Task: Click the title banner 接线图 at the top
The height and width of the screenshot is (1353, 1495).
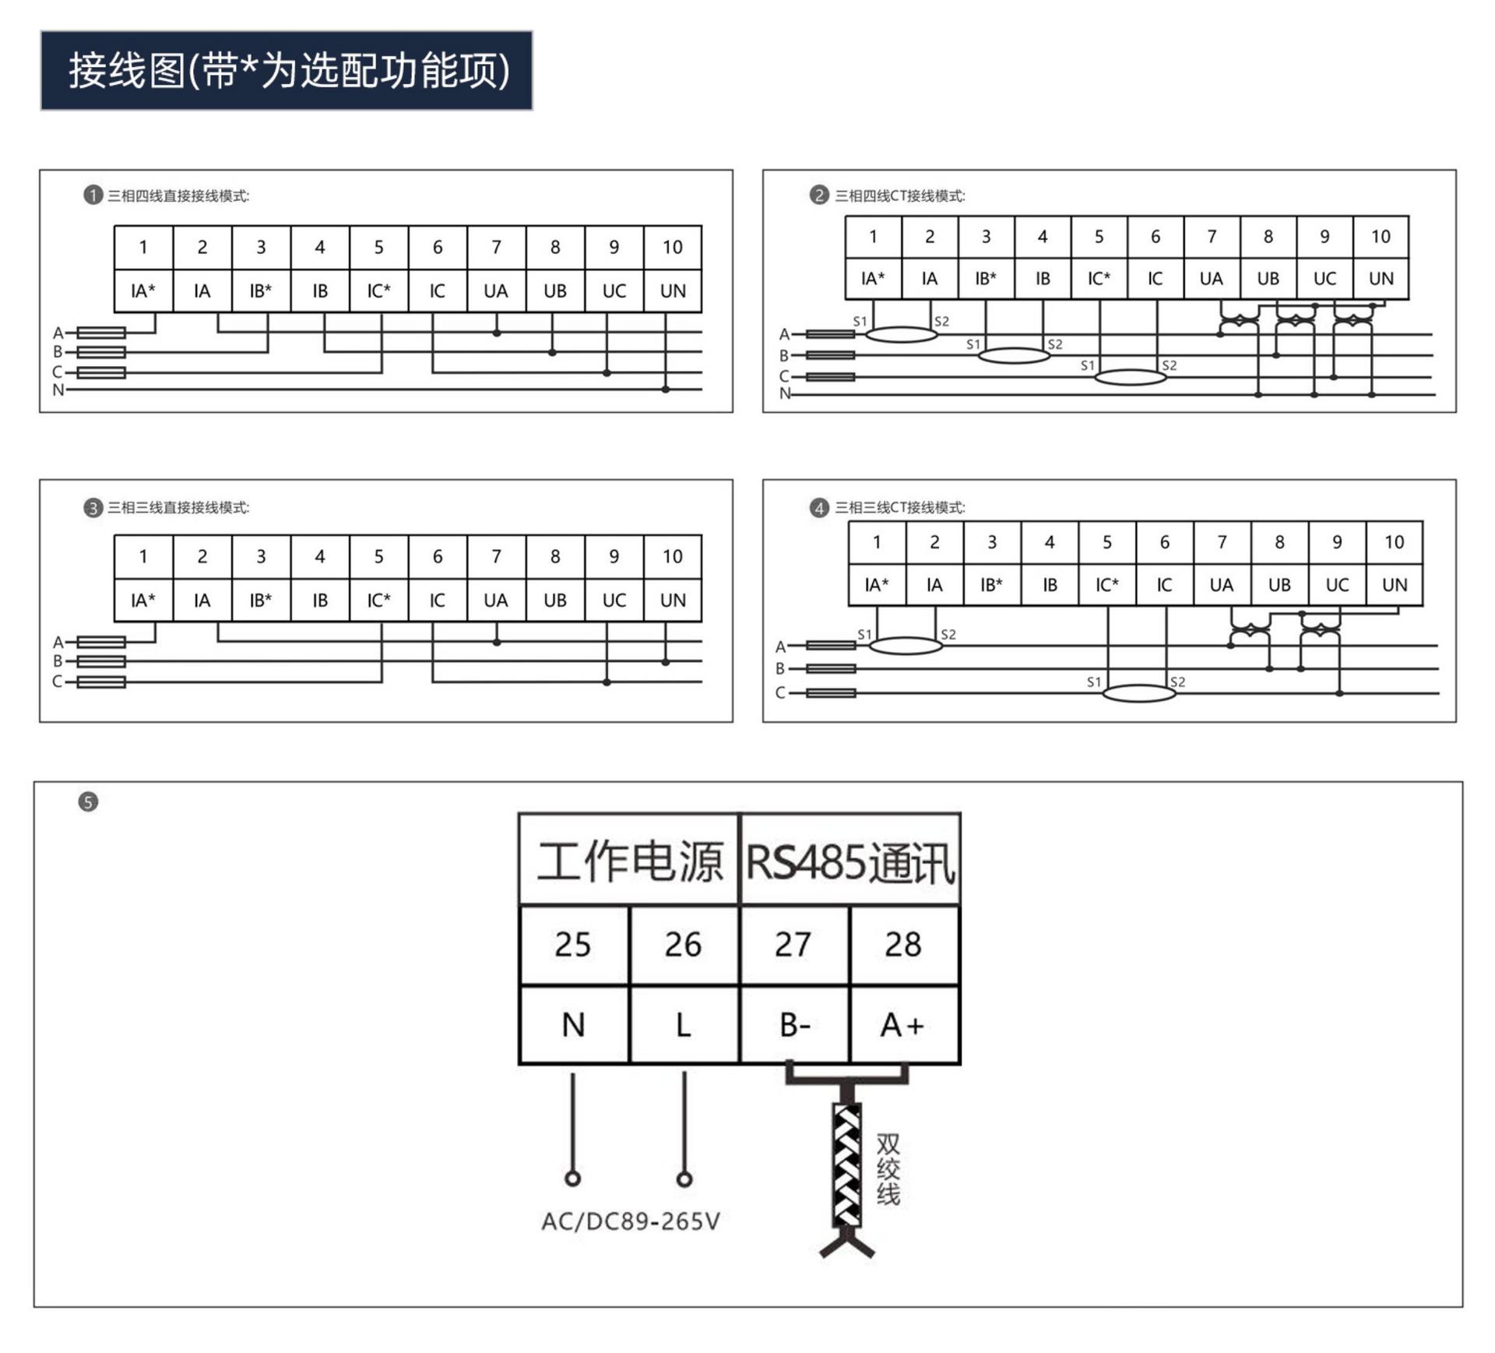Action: point(287,70)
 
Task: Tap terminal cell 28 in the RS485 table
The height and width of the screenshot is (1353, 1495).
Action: point(903,945)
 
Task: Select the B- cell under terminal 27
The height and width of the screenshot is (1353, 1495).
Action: point(794,1025)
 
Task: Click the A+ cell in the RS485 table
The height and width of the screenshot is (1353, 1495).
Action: point(903,1025)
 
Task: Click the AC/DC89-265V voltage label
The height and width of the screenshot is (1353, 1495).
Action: point(631,1221)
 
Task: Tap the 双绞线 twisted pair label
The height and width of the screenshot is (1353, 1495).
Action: point(888,1168)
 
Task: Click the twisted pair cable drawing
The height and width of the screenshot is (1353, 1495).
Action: point(847,1164)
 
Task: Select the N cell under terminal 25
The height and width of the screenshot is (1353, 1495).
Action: point(574,1025)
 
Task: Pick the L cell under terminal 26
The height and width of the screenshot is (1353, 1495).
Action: point(684,1025)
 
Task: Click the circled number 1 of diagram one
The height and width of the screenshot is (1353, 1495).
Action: point(93,195)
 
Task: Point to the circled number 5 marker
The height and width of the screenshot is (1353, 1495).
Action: point(89,802)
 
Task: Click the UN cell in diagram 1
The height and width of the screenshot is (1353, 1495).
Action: point(673,291)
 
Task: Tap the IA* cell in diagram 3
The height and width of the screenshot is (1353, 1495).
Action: point(143,601)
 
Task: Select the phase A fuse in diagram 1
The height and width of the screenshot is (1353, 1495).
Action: point(101,333)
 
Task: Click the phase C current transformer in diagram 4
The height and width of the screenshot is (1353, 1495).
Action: point(1138,692)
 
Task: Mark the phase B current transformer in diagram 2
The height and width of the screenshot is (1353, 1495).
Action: point(1013,356)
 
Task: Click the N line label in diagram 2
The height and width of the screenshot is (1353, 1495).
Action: point(785,394)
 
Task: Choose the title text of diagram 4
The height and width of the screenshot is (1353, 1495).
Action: point(899,508)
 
